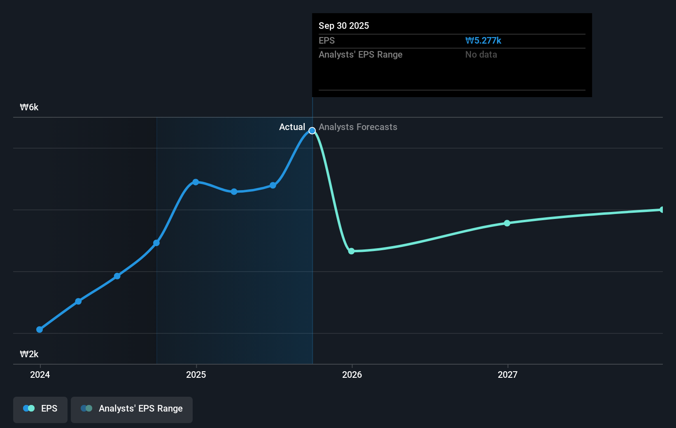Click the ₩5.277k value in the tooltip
(x=483, y=40)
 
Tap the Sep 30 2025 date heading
(x=344, y=26)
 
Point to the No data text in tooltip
(x=481, y=54)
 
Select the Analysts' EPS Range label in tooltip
(x=360, y=54)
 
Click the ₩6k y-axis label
(x=29, y=107)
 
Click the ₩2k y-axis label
(x=29, y=354)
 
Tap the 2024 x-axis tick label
(x=40, y=374)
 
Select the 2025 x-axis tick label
(x=196, y=374)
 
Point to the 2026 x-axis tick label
(x=352, y=374)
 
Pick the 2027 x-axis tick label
(x=508, y=374)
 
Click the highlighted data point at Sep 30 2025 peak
(x=312, y=130)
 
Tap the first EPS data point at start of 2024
(x=40, y=329)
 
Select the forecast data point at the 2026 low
(x=351, y=251)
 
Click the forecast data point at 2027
(x=507, y=223)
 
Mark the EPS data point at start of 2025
(x=196, y=182)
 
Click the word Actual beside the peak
(x=292, y=127)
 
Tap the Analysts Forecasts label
(x=358, y=127)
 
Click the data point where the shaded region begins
(x=156, y=243)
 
